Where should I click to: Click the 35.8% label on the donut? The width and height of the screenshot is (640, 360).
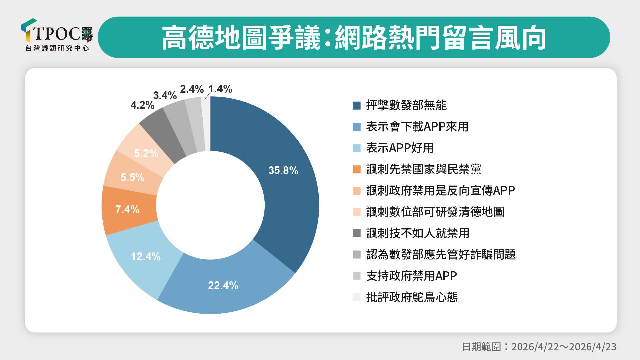tap(283, 170)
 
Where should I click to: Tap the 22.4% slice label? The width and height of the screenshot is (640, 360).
tap(223, 285)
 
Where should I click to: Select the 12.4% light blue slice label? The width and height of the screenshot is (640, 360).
tap(146, 256)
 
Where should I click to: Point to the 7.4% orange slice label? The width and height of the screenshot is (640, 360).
tap(127, 209)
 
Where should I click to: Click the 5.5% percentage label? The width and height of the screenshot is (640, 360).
tap(132, 177)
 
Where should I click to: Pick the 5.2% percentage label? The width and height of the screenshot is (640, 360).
tap(146, 153)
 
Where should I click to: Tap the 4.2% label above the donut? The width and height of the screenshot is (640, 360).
tap(142, 105)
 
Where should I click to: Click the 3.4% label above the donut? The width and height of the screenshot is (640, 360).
tap(165, 96)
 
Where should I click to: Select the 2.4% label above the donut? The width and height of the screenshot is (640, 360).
tap(192, 89)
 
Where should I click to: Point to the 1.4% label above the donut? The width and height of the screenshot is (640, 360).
tap(220, 89)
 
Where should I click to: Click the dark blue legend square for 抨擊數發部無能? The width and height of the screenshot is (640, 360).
tap(357, 106)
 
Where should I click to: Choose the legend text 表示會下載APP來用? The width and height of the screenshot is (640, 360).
tap(417, 127)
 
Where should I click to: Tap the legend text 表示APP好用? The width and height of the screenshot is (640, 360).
tap(400, 148)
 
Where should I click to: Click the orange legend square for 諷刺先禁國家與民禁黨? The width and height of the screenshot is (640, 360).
tap(357, 169)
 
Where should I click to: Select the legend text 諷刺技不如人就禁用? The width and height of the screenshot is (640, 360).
tap(417, 233)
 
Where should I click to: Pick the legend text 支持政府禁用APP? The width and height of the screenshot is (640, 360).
tap(411, 276)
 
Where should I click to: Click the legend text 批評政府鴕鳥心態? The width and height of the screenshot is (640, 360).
tap(412, 297)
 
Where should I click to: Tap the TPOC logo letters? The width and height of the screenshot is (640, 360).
tap(57, 34)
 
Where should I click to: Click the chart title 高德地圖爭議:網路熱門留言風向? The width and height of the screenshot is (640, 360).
tap(354, 38)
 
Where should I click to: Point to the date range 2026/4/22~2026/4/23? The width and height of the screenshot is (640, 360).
tap(564, 347)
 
